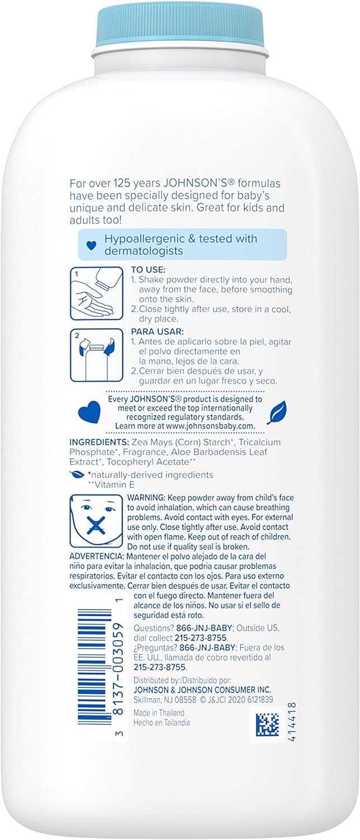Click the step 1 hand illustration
click(88, 293)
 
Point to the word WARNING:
click(147, 498)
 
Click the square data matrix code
click(267, 725)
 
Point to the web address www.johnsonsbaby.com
click(208, 426)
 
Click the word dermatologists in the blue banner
click(144, 251)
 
